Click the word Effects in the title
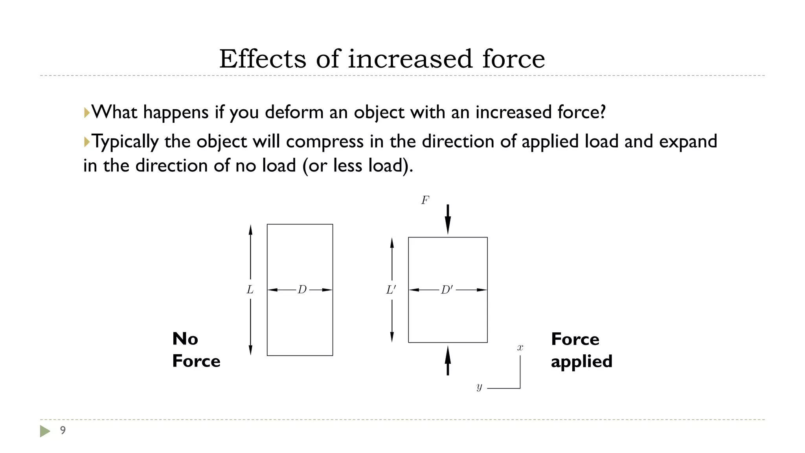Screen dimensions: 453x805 [262, 59]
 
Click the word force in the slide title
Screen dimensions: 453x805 [513, 59]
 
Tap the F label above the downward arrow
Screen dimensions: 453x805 [425, 201]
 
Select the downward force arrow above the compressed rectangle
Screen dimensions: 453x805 [448, 219]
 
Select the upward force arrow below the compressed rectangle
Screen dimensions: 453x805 [448, 361]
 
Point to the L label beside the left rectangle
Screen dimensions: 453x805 [250, 290]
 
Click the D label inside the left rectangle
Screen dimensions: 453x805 [302, 290]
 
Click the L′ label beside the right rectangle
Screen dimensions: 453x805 [391, 290]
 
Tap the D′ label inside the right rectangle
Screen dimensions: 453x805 [447, 290]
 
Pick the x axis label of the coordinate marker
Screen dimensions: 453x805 [520, 348]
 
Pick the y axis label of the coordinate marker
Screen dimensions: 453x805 [479, 387]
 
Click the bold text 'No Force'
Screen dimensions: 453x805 [196, 350]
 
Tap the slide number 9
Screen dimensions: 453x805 [62, 430]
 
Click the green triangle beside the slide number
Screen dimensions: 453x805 [45, 431]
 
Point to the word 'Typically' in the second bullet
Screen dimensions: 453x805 [125, 142]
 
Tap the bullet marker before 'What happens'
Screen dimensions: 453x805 [86, 112]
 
